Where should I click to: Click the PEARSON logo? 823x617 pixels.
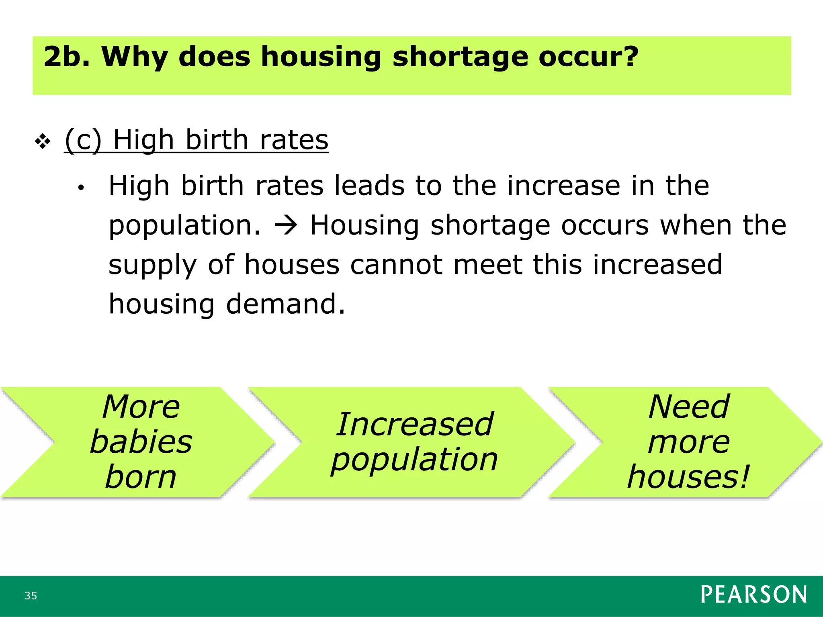[753, 595]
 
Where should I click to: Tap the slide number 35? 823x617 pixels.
[31, 596]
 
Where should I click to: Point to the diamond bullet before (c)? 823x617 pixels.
[43, 141]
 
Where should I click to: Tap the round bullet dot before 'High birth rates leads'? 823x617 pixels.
[81, 188]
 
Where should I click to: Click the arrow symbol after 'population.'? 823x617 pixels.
[286, 225]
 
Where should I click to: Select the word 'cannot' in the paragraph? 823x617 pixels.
[396, 265]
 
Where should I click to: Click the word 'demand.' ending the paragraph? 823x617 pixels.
[285, 304]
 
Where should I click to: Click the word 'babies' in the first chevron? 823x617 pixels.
[141, 442]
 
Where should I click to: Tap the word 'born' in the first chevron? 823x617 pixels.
[141, 477]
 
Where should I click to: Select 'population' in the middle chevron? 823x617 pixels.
[414, 460]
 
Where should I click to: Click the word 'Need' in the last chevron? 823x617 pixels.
[689, 407]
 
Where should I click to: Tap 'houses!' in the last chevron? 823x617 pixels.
[689, 477]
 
